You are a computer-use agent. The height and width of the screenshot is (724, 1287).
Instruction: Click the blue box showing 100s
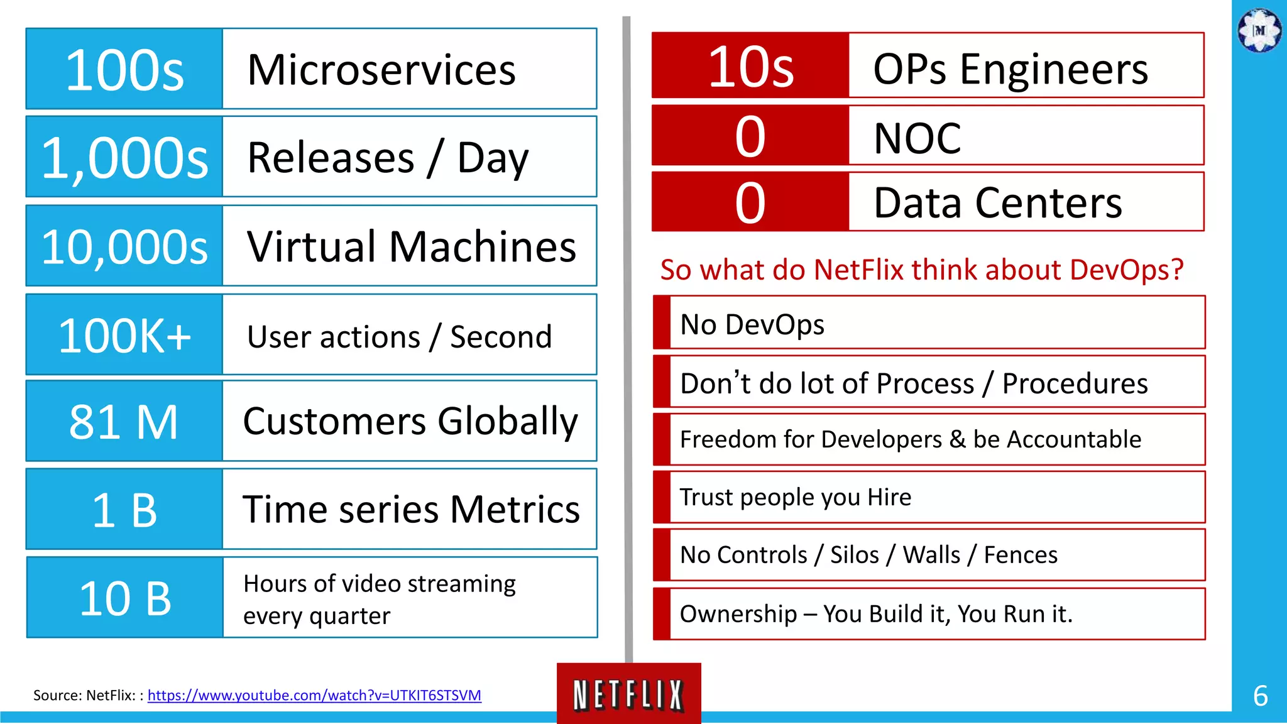(124, 69)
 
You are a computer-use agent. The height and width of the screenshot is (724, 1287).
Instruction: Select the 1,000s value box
(124, 157)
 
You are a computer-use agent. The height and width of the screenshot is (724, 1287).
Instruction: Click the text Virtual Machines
(412, 246)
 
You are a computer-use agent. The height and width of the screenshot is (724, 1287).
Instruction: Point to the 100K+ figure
(124, 336)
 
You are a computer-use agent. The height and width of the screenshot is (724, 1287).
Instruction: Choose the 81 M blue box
(124, 422)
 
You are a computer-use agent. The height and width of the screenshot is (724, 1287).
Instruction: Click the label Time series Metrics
(412, 509)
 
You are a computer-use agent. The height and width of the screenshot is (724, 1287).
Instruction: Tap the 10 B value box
(124, 598)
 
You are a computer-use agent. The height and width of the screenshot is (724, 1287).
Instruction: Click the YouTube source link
(314, 695)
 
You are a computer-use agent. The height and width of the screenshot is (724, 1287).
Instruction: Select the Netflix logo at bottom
(628, 694)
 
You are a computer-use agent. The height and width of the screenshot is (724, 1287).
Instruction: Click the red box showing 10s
(750, 66)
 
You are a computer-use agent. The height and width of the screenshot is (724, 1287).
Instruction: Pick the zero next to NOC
(750, 136)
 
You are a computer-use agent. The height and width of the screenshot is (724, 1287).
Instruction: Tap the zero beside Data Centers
(750, 202)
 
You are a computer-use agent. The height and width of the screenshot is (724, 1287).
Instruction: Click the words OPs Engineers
(1010, 69)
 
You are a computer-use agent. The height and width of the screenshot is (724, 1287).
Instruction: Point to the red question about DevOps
(922, 270)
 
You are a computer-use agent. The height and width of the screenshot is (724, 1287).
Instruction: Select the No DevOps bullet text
(752, 324)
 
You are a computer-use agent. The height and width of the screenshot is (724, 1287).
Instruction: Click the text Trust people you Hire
(796, 497)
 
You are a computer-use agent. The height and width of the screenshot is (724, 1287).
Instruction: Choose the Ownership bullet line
(876, 613)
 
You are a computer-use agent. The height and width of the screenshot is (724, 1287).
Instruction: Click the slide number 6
(1260, 696)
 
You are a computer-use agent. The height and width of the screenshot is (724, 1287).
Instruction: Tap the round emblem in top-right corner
(1259, 30)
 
